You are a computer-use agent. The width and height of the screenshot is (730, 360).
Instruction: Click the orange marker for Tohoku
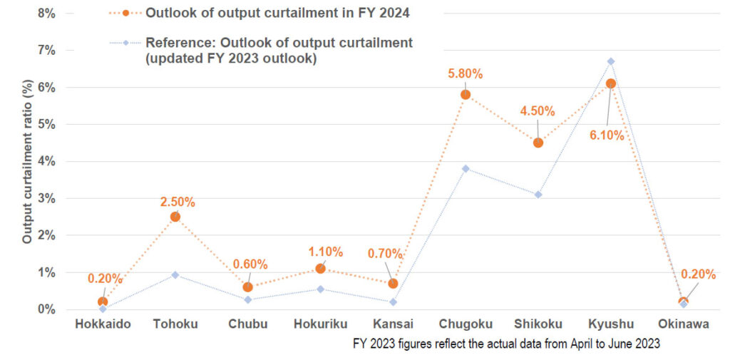pyautogui.click(x=175, y=217)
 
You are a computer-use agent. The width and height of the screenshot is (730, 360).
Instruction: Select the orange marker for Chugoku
pyautogui.click(x=466, y=95)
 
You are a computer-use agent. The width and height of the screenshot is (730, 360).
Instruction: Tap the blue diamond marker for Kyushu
pyautogui.click(x=611, y=61)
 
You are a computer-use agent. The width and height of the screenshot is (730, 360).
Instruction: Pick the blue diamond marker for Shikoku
pyautogui.click(x=538, y=195)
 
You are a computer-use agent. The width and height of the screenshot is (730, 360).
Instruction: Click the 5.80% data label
pyautogui.click(x=466, y=73)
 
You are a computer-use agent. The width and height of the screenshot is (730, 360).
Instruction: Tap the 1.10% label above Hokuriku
pyautogui.click(x=325, y=252)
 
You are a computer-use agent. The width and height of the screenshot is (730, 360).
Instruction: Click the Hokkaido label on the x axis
pyautogui.click(x=103, y=324)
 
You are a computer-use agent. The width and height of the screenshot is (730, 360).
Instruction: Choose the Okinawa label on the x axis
pyautogui.click(x=684, y=324)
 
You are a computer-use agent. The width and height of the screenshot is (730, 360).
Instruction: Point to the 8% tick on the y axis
pyautogui.click(x=46, y=13)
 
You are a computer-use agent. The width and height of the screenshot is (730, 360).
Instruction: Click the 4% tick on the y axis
pyautogui.click(x=46, y=161)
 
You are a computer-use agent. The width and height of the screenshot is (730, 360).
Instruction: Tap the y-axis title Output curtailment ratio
pyautogui.click(x=27, y=161)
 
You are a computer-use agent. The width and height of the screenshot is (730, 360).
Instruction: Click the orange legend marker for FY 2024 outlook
pyautogui.click(x=125, y=13)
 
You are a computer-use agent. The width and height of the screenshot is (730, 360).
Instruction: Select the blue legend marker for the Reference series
pyautogui.click(x=125, y=43)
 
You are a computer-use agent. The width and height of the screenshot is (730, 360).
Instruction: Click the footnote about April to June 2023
pyautogui.click(x=507, y=344)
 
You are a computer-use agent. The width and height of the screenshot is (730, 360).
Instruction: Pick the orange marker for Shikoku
pyautogui.click(x=538, y=143)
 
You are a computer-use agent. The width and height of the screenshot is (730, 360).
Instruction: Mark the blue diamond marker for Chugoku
pyautogui.click(x=466, y=169)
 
